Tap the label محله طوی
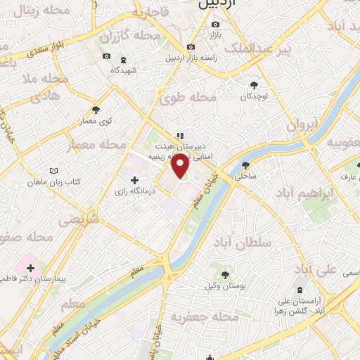pyautogui.click(x=188, y=99)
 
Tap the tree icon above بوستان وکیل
pyautogui.click(x=225, y=275)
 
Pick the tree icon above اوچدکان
pyautogui.click(x=253, y=84)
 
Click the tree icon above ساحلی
pyautogui.click(x=246, y=166)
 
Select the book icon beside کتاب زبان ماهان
pyautogui.click(x=55, y=171)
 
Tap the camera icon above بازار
pyautogui.click(x=215, y=24)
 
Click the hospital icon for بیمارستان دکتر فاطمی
pyautogui.click(x=30, y=268)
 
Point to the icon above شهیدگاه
pyautogui.click(x=124, y=60)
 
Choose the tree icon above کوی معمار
pyautogui.click(x=96, y=110)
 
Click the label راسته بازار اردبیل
pyautogui.click(x=207, y=58)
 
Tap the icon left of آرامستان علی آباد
pyautogui.click(x=301, y=290)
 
